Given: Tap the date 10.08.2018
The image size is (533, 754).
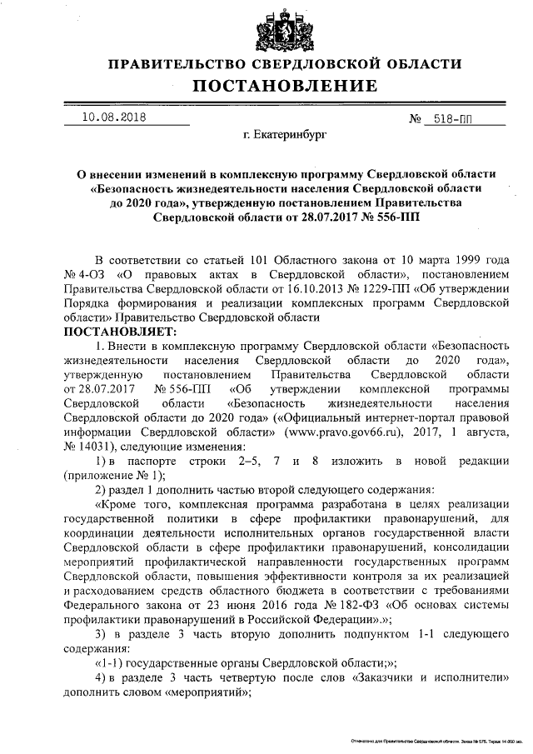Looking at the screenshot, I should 113,117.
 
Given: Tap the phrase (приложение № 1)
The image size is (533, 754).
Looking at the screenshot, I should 115,475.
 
